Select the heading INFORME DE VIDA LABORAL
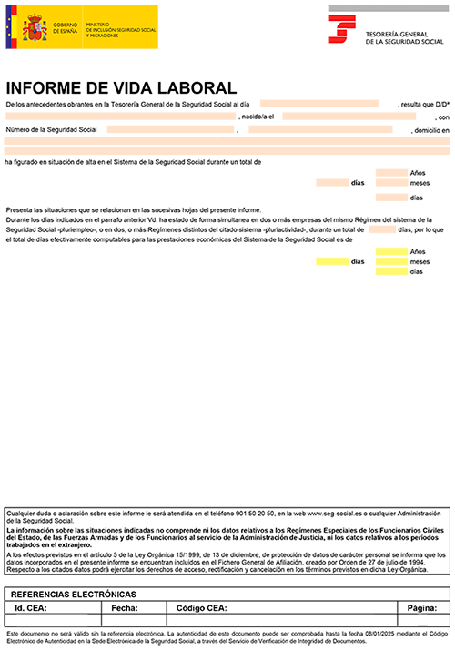click(120, 87)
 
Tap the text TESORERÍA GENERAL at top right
click(398, 33)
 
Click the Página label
click(423, 607)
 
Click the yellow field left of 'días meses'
click(332, 261)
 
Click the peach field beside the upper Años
click(391, 172)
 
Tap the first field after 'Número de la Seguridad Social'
click(169, 129)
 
